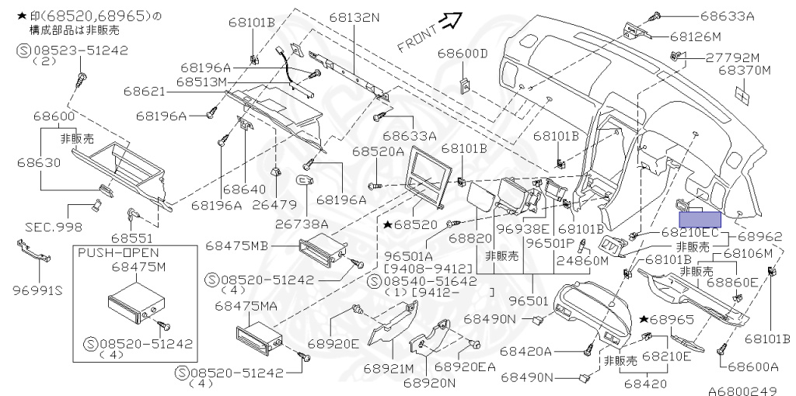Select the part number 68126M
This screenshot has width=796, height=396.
pyautogui.click(x=696, y=36)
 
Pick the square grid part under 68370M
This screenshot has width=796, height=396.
pyautogui.click(x=744, y=93)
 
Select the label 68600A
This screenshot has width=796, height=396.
pyautogui.click(x=752, y=367)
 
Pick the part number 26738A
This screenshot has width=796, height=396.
pyautogui.click(x=302, y=224)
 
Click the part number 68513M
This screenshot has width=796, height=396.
pyautogui.click(x=201, y=82)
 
